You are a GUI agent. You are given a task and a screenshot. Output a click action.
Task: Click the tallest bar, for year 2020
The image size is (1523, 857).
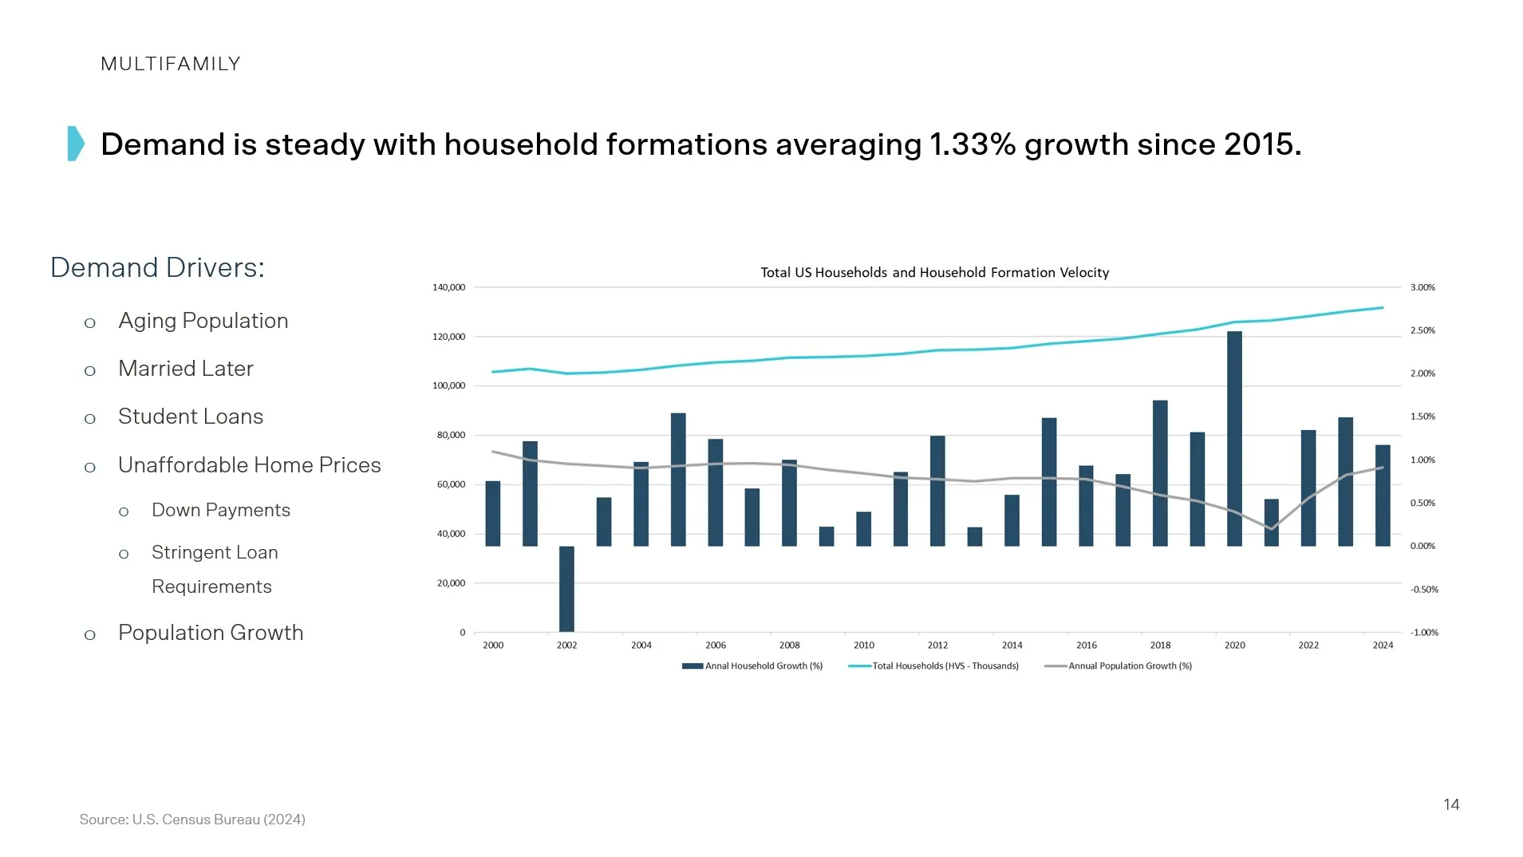tap(1234, 439)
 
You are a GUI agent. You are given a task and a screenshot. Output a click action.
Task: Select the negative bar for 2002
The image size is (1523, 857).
tap(566, 589)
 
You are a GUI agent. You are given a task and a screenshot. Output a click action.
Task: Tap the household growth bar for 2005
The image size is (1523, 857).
tap(678, 480)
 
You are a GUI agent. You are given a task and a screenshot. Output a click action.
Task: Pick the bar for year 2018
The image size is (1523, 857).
tap(1160, 473)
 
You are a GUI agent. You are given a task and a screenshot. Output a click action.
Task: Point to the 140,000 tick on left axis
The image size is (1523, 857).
tap(448, 287)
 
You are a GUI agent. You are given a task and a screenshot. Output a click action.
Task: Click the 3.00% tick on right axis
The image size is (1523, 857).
tap(1422, 287)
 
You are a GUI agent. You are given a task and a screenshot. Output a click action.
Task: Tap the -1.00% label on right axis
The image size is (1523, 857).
tap(1424, 632)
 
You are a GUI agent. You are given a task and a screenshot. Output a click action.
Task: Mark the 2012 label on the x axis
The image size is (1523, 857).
tap(937, 645)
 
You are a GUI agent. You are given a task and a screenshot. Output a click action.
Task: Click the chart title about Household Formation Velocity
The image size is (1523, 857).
tap(934, 272)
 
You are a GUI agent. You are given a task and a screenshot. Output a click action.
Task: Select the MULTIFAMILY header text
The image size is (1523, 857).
tap(171, 64)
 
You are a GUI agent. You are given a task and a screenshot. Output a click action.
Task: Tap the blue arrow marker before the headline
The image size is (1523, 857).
tap(76, 144)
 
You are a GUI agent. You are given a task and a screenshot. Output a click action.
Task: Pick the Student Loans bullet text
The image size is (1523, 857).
tap(191, 417)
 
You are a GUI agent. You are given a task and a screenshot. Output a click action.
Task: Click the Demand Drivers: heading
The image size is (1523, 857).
tap(157, 267)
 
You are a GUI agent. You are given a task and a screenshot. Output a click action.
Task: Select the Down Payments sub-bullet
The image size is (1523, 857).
tap(221, 510)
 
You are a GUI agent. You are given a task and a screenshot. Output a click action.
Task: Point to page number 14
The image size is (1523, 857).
tap(1451, 804)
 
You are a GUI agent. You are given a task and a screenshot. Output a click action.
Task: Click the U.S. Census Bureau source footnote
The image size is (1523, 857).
tap(192, 819)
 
